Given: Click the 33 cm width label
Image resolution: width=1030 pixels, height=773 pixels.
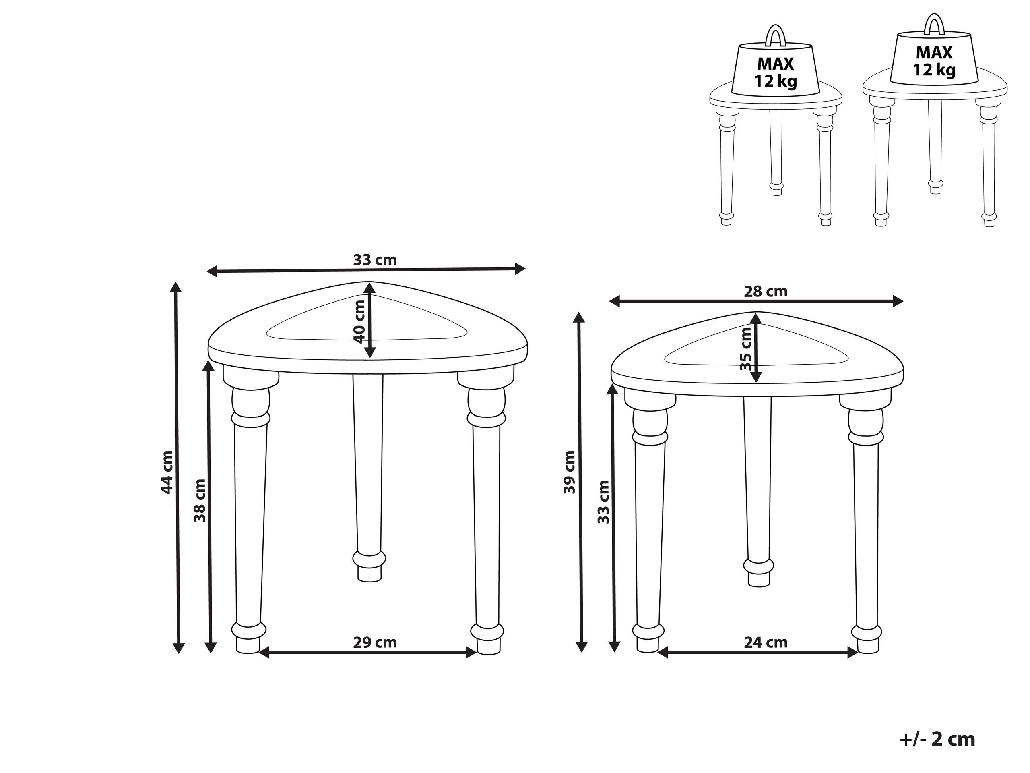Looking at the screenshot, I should pyautogui.click(x=374, y=260).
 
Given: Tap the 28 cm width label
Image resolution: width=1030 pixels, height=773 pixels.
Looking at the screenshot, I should pyautogui.click(x=766, y=292).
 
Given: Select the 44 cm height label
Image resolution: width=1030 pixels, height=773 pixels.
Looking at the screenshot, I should pyautogui.click(x=167, y=472).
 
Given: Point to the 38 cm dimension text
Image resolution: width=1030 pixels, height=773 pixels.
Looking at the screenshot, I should pyautogui.click(x=200, y=500).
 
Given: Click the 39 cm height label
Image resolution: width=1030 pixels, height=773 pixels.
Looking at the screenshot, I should pyautogui.click(x=570, y=472).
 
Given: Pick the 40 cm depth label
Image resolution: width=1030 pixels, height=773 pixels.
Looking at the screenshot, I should pyautogui.click(x=359, y=321).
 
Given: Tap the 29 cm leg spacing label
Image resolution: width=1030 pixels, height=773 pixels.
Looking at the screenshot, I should pyautogui.click(x=374, y=642).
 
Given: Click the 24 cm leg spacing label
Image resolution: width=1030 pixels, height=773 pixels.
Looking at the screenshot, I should pyautogui.click(x=766, y=642).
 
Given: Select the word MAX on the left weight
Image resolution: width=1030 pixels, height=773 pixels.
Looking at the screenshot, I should pyautogui.click(x=775, y=63).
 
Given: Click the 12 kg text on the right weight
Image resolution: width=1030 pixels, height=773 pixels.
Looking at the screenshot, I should pyautogui.click(x=934, y=70).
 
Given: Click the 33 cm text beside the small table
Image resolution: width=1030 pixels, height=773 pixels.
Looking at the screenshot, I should pyautogui.click(x=603, y=502).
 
